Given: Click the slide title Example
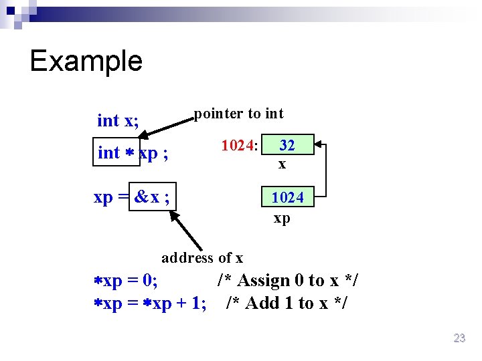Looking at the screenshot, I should (86, 61).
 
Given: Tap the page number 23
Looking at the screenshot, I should (459, 338).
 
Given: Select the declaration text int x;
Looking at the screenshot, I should (118, 120).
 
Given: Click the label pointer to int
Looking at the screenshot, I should (238, 114).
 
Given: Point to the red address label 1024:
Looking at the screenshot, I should (240, 145).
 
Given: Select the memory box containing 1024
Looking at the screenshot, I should (287, 197).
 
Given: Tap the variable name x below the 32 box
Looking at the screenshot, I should (283, 164).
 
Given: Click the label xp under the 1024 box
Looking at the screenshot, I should (282, 219).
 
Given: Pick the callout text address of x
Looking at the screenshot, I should (202, 257).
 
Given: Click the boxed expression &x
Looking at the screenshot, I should (153, 197).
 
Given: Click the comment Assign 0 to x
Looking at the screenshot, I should (288, 281).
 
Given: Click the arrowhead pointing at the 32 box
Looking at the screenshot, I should (319, 144).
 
